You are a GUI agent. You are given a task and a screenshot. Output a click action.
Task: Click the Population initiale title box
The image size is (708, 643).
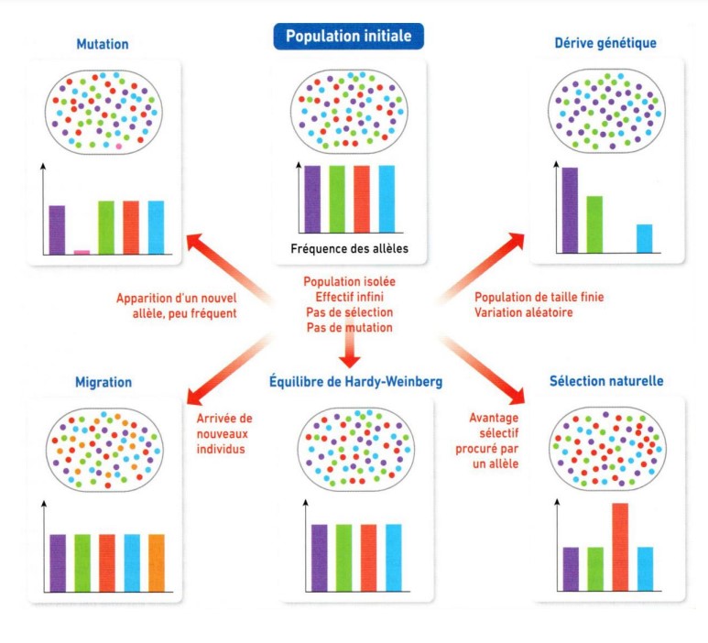[x=348, y=37]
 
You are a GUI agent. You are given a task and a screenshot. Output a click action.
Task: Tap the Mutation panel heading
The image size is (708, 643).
[x=103, y=43]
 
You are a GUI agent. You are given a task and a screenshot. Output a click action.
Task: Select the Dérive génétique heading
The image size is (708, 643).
[x=605, y=43]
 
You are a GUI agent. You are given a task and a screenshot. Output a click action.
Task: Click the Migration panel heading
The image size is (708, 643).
[x=103, y=381]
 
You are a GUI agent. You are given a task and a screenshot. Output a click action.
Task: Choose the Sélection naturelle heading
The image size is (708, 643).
[x=606, y=379]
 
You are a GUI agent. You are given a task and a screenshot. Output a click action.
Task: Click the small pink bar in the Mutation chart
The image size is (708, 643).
[x=82, y=251]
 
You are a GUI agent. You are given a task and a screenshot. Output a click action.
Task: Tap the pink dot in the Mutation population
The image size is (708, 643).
[x=118, y=146]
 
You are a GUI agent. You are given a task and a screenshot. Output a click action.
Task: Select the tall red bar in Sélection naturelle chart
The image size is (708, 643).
[x=620, y=545]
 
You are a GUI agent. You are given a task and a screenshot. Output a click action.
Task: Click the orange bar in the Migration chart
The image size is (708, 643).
[x=156, y=562]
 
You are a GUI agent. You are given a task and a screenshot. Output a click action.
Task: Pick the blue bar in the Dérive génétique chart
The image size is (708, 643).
[x=645, y=238]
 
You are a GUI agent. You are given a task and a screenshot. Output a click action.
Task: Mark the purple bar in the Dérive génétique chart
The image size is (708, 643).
[x=570, y=210]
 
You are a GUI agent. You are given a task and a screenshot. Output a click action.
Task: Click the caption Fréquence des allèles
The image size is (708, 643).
[x=350, y=249]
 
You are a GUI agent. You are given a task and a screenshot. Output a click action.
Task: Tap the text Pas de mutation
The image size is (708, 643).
[x=350, y=327]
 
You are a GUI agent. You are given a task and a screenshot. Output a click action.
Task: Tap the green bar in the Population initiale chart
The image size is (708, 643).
[x=337, y=200]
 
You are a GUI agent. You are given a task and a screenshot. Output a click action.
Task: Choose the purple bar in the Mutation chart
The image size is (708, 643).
[x=57, y=230]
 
